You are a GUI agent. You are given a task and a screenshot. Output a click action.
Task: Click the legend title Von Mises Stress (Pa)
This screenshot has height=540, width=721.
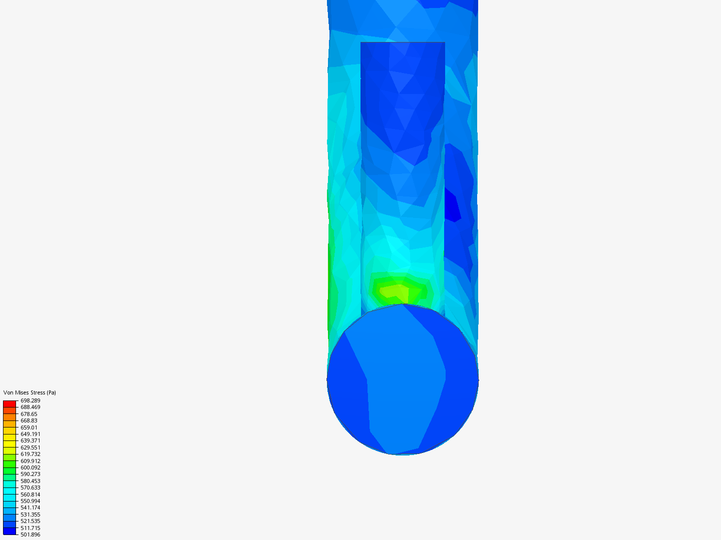(30, 392)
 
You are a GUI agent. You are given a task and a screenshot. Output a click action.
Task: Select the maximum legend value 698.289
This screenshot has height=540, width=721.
(30, 400)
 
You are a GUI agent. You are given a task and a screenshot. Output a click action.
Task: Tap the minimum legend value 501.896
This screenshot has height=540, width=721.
(30, 534)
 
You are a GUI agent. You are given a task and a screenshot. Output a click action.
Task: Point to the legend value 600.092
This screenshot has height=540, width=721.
(30, 467)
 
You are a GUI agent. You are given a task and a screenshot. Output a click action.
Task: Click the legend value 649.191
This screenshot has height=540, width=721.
(30, 434)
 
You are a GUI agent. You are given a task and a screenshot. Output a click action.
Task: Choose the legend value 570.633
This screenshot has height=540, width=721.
(30, 487)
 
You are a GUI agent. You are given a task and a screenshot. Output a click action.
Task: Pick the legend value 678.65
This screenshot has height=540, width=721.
(29, 414)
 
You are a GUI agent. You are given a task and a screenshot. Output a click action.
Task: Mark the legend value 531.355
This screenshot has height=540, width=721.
(30, 514)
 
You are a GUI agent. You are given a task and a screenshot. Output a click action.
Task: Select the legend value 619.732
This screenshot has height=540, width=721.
(30, 454)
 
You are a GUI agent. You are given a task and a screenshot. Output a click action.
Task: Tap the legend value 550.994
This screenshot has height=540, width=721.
(30, 501)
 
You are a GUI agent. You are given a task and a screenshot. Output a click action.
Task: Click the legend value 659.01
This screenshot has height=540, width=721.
(29, 427)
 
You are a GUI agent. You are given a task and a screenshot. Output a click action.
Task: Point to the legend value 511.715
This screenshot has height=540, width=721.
(30, 528)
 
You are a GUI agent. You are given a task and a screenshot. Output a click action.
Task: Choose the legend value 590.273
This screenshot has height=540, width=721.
(30, 474)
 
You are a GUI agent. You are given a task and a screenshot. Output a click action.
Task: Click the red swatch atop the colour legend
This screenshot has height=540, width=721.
(10, 403)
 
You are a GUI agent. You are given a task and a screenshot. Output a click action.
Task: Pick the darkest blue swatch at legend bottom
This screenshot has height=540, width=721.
(10, 531)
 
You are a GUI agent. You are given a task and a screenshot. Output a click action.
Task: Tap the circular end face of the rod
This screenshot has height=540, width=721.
(403, 380)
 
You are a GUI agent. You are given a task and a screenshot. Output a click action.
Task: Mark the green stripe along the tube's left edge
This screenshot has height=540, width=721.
(331, 280)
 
